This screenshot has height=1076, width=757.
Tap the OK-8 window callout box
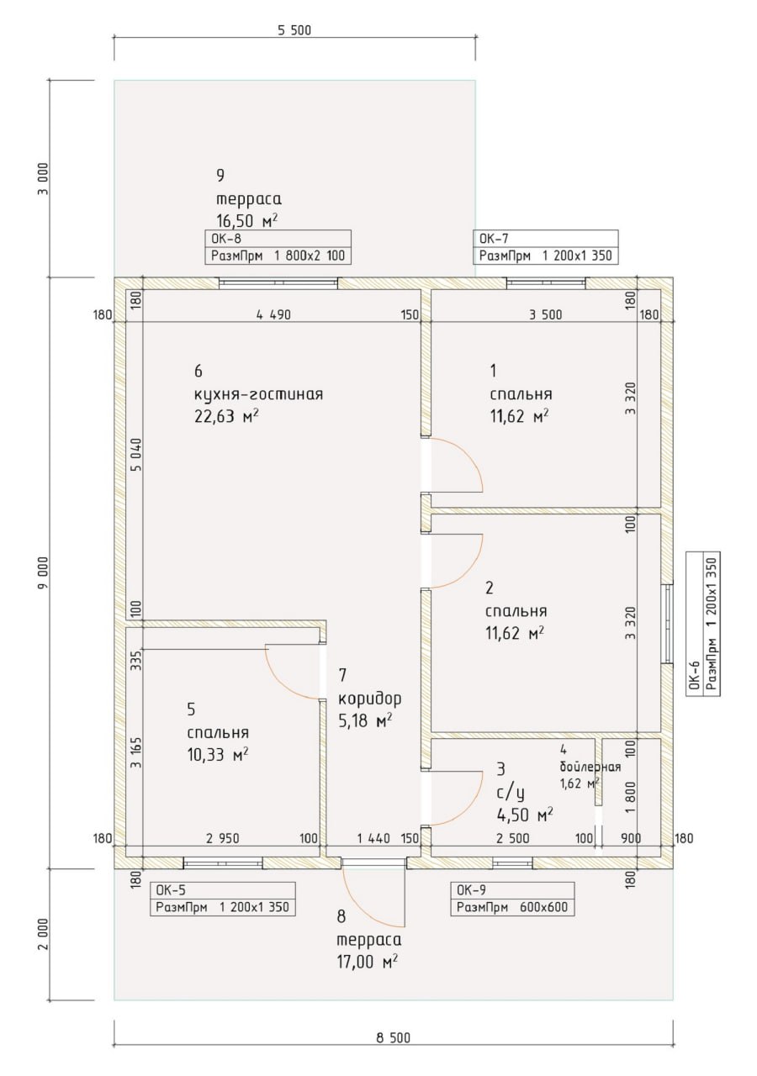point(278,247)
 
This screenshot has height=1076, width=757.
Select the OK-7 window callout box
point(546,247)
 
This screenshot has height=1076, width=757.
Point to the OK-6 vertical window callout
point(702,624)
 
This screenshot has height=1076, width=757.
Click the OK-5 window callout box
point(223,899)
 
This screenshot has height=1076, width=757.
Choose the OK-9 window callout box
point(512,899)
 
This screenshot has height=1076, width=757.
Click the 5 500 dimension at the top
point(294,30)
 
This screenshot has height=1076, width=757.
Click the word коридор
point(369,699)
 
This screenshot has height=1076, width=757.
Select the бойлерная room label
point(590,767)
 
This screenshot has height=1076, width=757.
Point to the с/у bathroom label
point(511,793)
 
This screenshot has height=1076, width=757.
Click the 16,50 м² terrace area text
point(247,220)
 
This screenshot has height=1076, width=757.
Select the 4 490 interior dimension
point(273,314)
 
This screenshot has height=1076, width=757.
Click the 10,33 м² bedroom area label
point(218,755)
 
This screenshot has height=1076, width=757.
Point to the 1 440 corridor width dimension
point(373,839)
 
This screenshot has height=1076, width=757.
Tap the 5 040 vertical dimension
point(136,455)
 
